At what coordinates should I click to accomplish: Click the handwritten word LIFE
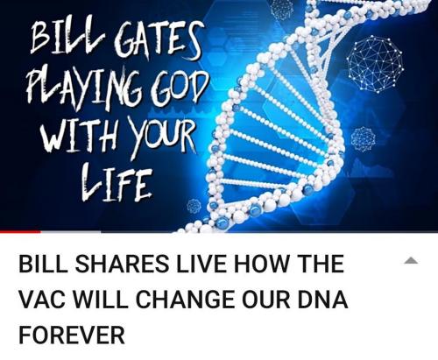(x=117, y=182)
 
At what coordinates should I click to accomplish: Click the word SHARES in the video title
(x=123, y=264)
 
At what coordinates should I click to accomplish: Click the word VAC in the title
(x=42, y=300)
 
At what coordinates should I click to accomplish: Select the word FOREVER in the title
(x=72, y=335)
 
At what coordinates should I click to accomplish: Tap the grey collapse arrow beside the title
(x=411, y=260)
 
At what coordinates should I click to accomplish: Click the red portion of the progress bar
(x=20, y=232)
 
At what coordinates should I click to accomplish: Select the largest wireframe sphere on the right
(x=376, y=64)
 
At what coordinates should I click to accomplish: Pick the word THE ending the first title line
(x=321, y=264)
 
